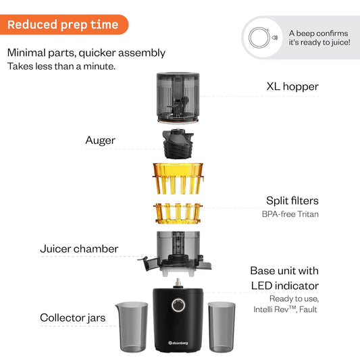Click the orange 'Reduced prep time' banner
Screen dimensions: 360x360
63,26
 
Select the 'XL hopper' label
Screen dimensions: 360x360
292,86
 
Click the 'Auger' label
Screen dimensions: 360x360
100,140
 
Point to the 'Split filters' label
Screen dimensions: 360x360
291,201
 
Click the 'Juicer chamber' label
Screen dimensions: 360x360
79,249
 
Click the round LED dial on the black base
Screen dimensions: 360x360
179,305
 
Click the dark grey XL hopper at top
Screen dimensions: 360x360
180,98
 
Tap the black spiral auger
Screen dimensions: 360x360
179,142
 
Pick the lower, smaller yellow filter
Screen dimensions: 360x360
179,213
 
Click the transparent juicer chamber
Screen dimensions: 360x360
180,251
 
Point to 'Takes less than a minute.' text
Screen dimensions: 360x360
61,67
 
